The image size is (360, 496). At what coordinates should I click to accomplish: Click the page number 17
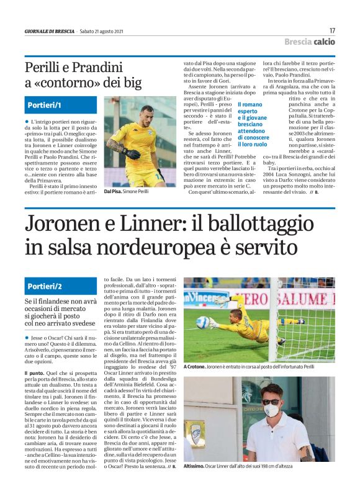pos(332,30)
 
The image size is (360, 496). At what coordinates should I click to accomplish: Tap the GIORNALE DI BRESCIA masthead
pos(49,31)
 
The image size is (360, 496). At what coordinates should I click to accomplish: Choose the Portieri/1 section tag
pos(44,106)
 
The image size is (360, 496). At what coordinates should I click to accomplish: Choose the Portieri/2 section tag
pos(45,286)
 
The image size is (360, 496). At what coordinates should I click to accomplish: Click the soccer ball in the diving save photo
pos(203,322)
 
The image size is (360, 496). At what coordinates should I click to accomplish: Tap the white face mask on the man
pos(271,410)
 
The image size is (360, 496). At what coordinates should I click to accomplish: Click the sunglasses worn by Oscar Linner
pos(271,400)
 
